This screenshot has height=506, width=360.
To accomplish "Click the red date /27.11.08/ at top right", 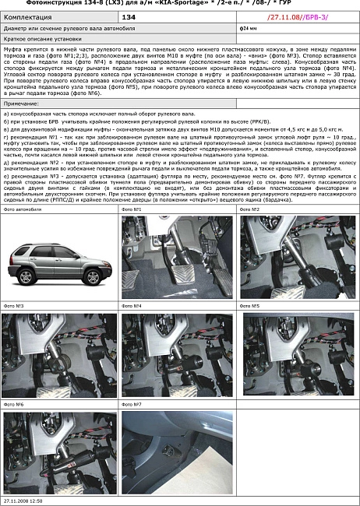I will pyautogui.click(x=284, y=16).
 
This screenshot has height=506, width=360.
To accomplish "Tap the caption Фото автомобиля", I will pyautogui.click(x=23, y=209).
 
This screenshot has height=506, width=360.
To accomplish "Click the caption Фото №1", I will pyautogui.click(x=132, y=209).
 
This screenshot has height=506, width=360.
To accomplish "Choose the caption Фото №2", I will pyautogui.click(x=251, y=209).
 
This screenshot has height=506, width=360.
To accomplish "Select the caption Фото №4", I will pyautogui.click(x=132, y=307).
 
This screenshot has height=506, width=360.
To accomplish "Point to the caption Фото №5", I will pyautogui.click(x=251, y=307).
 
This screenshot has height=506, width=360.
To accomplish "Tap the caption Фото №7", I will pyautogui.click(x=132, y=405).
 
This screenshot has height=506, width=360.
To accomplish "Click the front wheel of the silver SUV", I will pyautogui.click(x=34, y=277).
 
